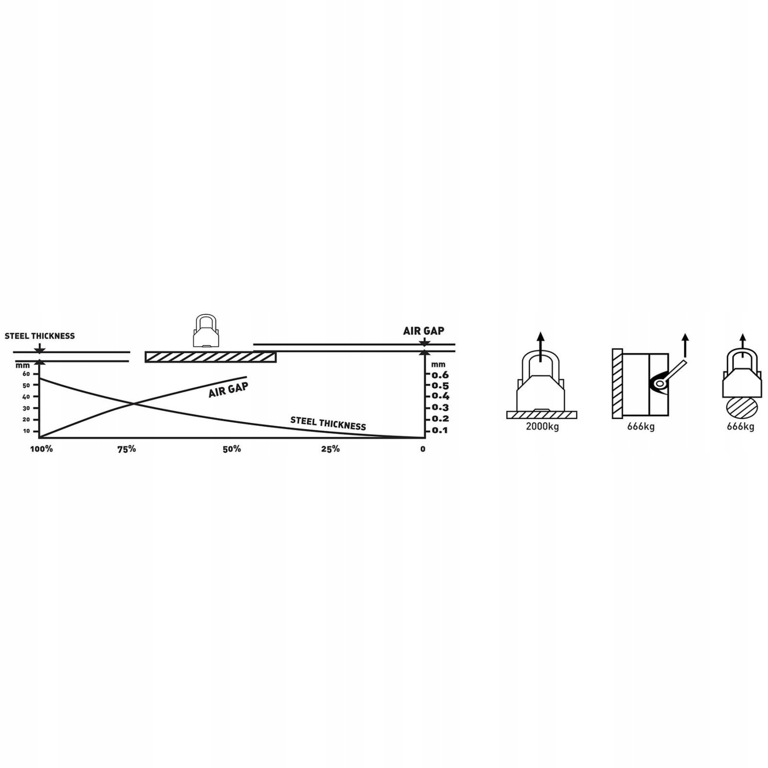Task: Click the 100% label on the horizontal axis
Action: [x=42, y=449]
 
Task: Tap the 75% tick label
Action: [x=126, y=449]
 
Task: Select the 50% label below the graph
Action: [x=231, y=449]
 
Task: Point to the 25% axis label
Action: [x=330, y=449]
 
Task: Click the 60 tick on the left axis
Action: [x=26, y=374]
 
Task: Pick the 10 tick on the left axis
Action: [x=26, y=431]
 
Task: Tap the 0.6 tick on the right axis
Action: [x=440, y=375]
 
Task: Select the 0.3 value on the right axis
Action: [x=440, y=408]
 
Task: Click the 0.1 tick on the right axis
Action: [x=440, y=431]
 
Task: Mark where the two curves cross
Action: [x=133, y=404]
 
